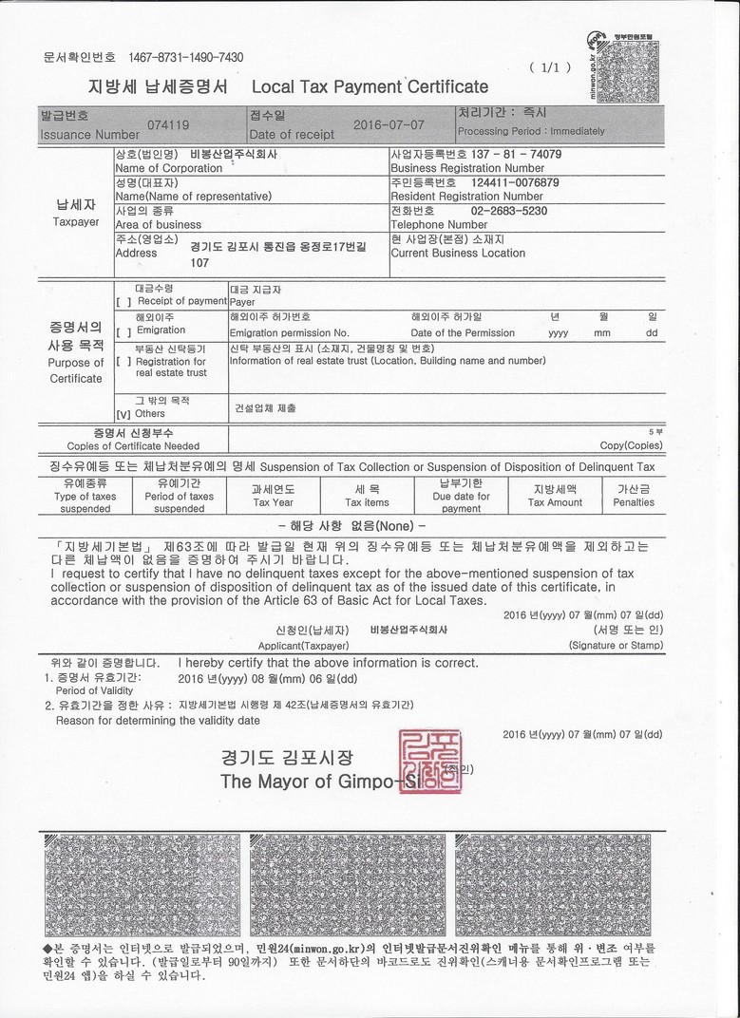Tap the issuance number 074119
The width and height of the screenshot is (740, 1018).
(x=168, y=124)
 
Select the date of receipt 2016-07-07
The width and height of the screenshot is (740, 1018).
(x=388, y=124)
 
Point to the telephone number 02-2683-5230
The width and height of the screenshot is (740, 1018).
(x=509, y=211)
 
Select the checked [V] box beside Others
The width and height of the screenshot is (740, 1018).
(x=123, y=415)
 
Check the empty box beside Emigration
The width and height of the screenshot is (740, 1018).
(x=123, y=332)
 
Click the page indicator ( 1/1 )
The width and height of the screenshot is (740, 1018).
(x=551, y=67)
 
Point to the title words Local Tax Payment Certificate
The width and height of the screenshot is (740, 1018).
(x=370, y=87)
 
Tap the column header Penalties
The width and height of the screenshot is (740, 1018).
(x=633, y=502)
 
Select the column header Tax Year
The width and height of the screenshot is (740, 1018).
(x=273, y=502)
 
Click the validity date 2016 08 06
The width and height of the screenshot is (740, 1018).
(x=267, y=679)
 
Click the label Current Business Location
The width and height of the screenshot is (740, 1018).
(x=458, y=254)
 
